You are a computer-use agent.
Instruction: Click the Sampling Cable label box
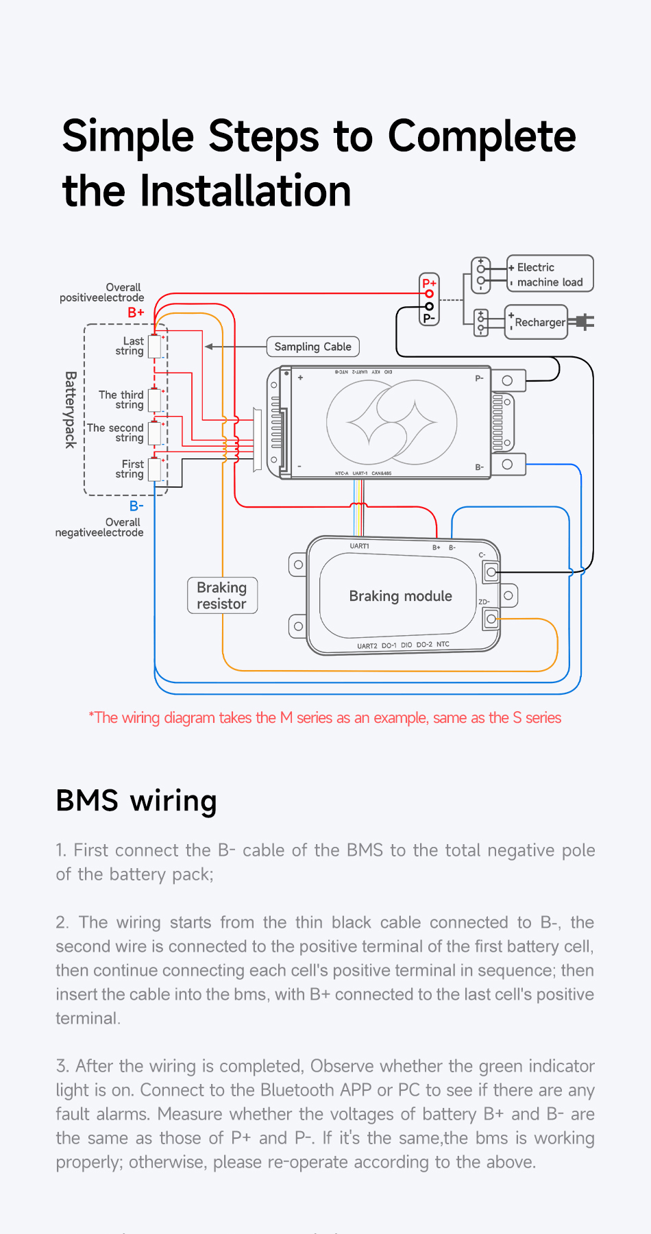[312, 347]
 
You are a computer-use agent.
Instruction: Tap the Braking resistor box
[222, 595]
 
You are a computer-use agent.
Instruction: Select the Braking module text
[400, 596]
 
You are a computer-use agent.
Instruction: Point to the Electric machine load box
[550, 274]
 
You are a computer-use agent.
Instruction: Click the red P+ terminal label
[429, 283]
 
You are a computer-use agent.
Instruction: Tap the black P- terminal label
[429, 319]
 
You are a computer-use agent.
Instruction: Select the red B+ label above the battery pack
[136, 312]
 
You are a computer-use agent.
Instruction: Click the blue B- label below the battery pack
[136, 506]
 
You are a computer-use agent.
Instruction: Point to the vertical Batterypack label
[70, 410]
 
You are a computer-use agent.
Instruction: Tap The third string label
[121, 399]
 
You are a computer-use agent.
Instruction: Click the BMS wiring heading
[136, 800]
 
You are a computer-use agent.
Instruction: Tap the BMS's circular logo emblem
[391, 421]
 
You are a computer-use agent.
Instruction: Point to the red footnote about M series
[325, 718]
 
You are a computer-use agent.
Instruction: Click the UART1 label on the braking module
[359, 546]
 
